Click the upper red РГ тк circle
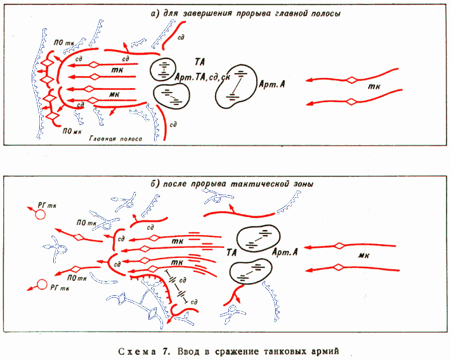(41, 214)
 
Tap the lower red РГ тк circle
(42, 285)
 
